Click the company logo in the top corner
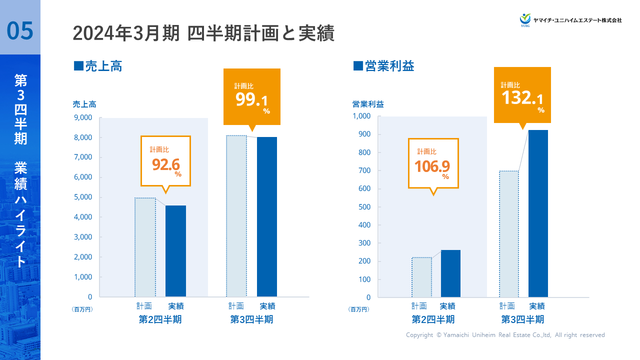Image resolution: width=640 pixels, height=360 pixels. pos(570,19)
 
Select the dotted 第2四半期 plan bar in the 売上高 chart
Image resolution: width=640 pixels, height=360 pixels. pos(145,247)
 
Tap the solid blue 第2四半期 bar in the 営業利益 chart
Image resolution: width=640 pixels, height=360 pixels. pos(450,273)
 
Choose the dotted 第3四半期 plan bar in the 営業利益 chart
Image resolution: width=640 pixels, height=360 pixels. pos(509,234)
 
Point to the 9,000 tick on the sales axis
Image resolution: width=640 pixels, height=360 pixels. pos(82,117)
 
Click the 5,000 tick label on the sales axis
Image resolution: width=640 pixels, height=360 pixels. pos(82,197)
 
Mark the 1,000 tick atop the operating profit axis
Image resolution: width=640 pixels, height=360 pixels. pos(361,116)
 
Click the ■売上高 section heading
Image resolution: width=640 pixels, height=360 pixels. pos(98,66)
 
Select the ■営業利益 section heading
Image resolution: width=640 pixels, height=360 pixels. pos(383,66)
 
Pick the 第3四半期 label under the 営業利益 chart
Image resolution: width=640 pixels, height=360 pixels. pos(522,319)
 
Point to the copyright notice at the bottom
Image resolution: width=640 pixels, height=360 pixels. pos(505,335)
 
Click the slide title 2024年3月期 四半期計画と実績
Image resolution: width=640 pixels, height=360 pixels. pos(203,33)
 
